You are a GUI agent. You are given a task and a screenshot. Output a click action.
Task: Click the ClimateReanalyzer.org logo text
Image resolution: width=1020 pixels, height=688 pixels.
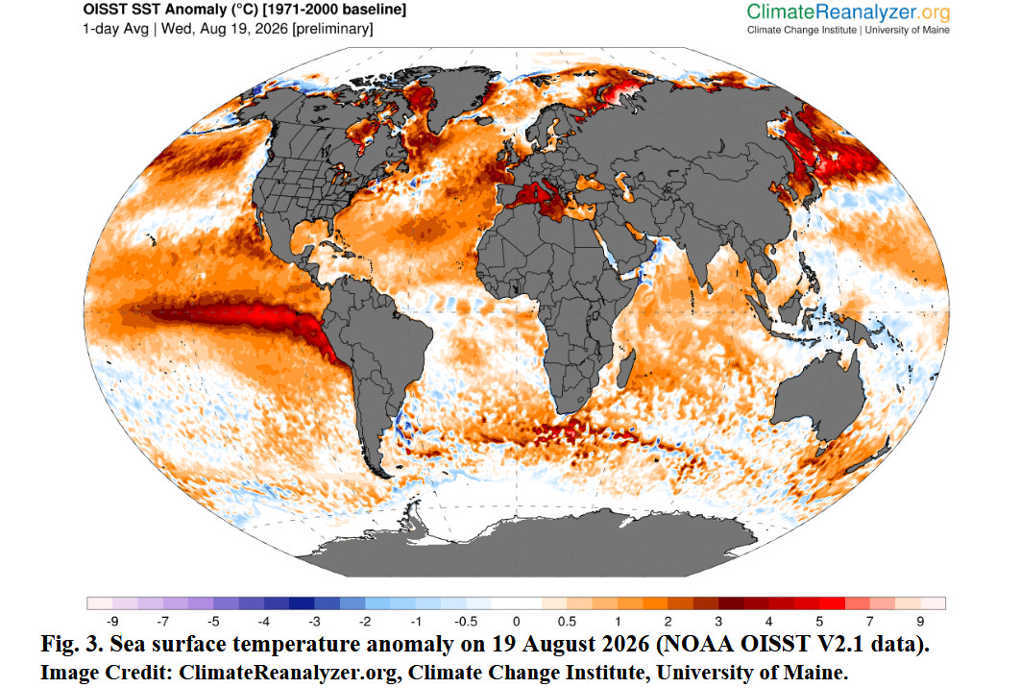coord(848,12)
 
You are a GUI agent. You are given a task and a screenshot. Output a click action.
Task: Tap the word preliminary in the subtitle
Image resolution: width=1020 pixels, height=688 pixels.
coord(332,29)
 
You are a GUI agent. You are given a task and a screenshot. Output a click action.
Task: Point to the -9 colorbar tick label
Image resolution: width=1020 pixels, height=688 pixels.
coord(111,622)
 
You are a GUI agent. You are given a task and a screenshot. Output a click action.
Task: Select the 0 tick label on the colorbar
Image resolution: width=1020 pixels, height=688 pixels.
coord(516,622)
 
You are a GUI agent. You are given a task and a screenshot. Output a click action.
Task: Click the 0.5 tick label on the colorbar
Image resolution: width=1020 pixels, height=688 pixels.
coord(567,622)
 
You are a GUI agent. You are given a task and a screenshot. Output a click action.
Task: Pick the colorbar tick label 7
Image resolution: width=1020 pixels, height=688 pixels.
coord(870,622)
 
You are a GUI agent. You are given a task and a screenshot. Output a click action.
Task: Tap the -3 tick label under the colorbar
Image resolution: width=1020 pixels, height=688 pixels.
coord(314,622)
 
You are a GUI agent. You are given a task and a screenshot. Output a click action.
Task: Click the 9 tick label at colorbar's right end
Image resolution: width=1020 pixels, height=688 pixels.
coord(920,622)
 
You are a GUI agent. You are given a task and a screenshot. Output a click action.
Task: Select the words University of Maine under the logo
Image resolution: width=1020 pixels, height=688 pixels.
coord(907,30)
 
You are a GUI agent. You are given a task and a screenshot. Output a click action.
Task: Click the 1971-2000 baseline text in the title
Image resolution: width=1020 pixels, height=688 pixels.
coord(338,10)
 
